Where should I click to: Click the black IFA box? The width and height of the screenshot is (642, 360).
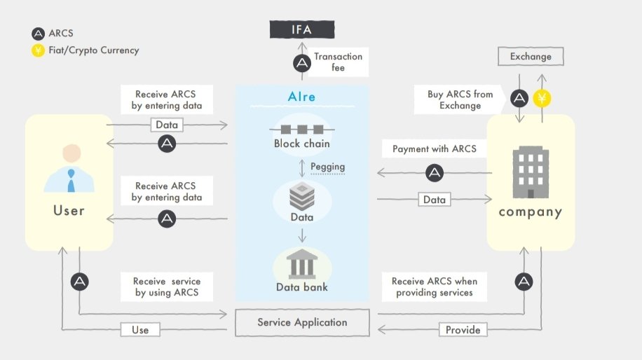[302, 29]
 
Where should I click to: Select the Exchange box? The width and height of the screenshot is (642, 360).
[531, 57]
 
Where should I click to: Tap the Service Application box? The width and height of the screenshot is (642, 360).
[302, 323]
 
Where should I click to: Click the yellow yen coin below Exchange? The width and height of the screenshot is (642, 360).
[542, 98]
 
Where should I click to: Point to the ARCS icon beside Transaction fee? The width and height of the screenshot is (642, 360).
[302, 64]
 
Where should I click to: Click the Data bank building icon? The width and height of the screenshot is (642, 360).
[301, 265]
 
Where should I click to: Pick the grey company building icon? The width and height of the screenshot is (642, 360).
[531, 172]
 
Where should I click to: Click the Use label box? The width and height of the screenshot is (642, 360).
[140, 329]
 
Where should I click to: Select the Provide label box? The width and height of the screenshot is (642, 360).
[463, 329]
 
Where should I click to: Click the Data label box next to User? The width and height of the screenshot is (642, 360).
[167, 125]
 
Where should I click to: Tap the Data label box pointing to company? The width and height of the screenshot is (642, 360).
[435, 200]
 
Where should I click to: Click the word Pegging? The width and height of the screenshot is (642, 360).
[328, 167]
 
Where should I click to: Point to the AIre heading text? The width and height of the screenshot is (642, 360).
[301, 97]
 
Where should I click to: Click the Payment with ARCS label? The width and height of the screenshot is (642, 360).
[434, 148]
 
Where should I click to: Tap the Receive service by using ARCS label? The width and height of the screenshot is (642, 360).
[167, 286]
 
